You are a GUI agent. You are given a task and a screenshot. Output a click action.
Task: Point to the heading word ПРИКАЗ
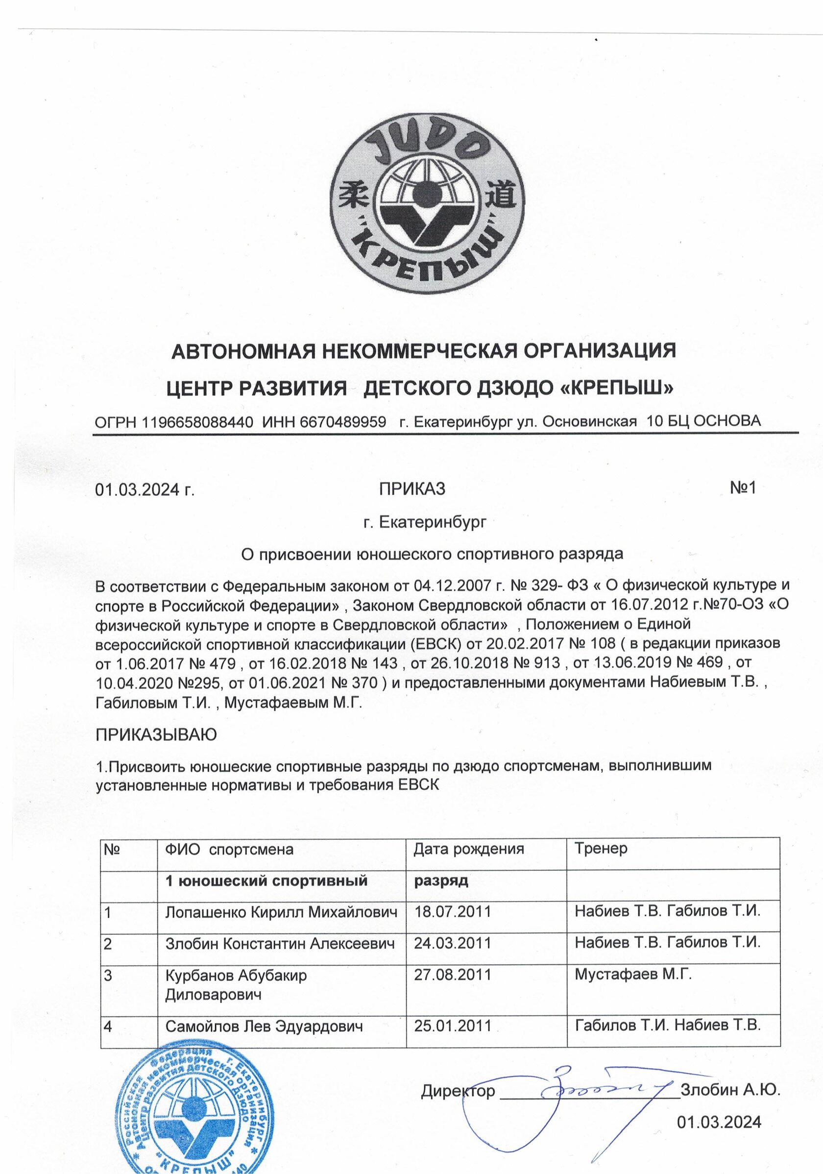411,489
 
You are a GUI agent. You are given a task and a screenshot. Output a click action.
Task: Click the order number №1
742,489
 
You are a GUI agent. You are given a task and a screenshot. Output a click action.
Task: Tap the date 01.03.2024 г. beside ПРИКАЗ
145,490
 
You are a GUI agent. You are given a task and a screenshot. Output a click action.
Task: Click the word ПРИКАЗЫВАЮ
156,735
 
